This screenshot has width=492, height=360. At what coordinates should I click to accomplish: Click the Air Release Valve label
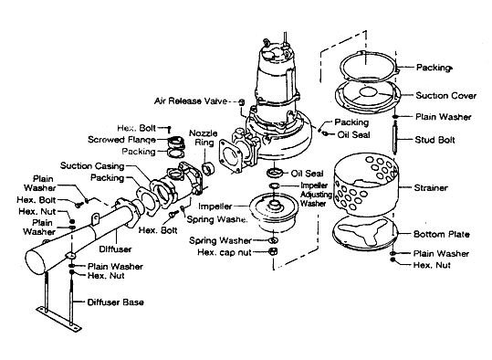coord(191,101)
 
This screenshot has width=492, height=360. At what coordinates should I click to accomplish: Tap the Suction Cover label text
coord(445,96)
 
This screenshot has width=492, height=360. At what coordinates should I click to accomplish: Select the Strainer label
coord(431,188)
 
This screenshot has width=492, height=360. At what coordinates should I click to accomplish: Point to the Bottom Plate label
coord(441,234)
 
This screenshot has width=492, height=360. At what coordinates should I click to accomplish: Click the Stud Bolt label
coord(434,140)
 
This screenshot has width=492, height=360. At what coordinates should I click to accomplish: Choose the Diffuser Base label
coord(115,302)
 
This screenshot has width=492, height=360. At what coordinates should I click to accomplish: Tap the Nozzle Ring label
coord(204,138)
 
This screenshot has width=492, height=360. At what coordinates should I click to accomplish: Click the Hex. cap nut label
coord(225,252)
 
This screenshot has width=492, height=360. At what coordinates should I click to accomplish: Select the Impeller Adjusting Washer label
coord(316,195)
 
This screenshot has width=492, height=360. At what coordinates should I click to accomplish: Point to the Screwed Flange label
coord(121,140)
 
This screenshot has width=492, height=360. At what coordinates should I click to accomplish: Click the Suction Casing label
coord(92,165)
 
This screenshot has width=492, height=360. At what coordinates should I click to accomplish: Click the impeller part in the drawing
coord(274,212)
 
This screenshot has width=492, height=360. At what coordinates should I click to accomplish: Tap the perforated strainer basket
coord(366,185)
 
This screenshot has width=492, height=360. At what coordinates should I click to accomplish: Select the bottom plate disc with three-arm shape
coord(365,233)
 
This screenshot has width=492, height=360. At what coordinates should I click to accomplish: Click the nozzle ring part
coord(208,168)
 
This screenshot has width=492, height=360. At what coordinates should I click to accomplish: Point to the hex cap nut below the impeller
coord(273,251)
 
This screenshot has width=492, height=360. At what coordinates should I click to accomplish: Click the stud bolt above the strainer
coord(395,138)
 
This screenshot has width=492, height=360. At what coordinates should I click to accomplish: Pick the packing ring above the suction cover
coord(369,66)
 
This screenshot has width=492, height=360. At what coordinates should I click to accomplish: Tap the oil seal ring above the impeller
coord(275,173)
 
